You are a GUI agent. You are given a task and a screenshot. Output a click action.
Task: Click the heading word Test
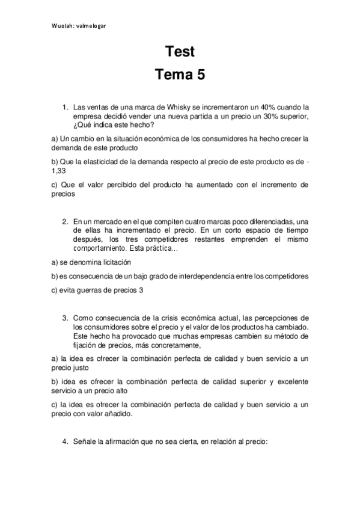(180, 52)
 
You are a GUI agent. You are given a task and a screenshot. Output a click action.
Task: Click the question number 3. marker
(66, 318)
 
